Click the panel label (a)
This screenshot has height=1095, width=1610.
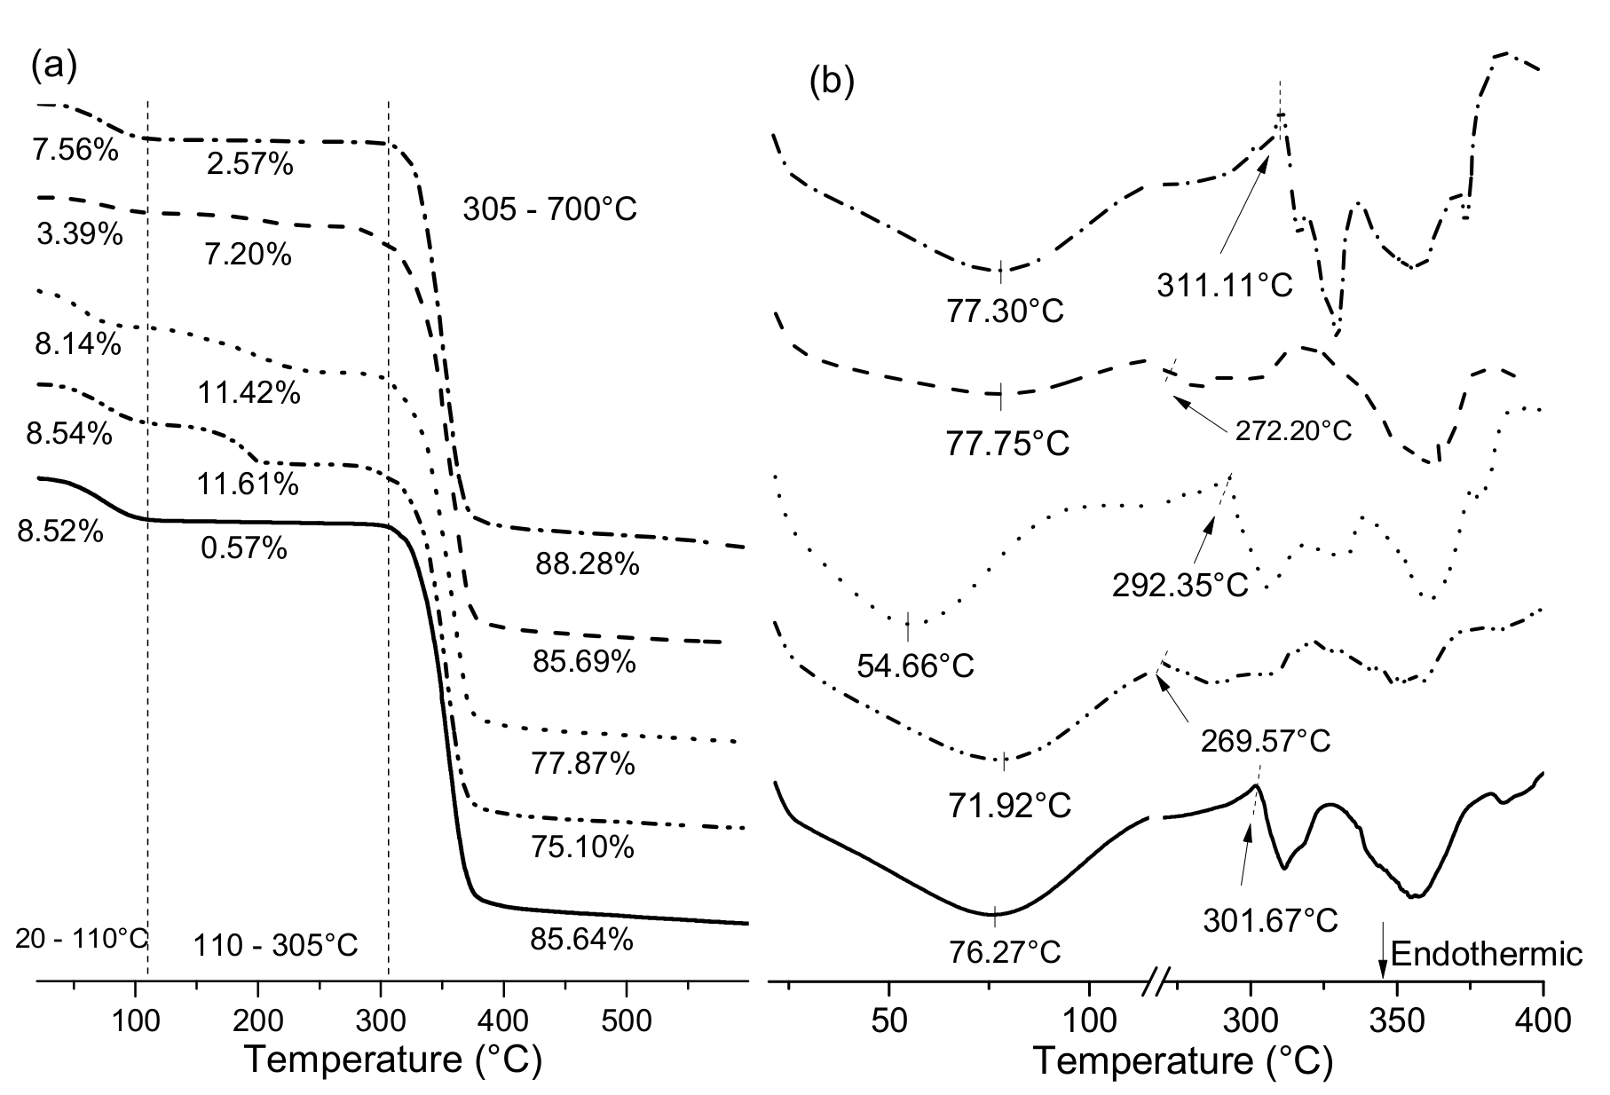54,66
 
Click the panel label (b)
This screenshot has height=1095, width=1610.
832,82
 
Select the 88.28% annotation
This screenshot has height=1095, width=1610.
587,564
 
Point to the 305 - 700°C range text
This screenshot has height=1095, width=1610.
549,209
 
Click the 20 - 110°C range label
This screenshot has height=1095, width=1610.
81,938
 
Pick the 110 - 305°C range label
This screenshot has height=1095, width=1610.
275,945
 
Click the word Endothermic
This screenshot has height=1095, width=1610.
1488,954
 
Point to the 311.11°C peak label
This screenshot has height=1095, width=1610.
1225,286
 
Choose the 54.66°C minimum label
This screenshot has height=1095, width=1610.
915,666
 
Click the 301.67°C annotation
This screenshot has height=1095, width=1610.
1270,920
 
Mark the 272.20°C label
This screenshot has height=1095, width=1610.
1292,431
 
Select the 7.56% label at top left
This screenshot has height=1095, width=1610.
75,151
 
